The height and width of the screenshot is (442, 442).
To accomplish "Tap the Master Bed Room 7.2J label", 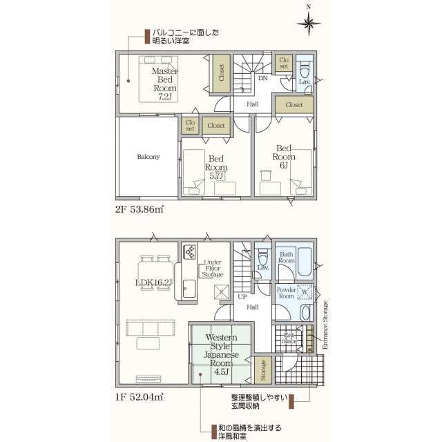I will click(165, 84).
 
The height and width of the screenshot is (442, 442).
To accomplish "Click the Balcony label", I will click(148, 157).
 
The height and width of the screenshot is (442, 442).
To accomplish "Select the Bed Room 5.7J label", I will click(216, 167).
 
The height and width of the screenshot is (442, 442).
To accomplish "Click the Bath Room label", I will click(287, 258).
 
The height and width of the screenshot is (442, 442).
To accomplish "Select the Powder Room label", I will click(286, 294).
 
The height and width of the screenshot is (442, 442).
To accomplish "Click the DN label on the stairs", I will click(262, 78).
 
